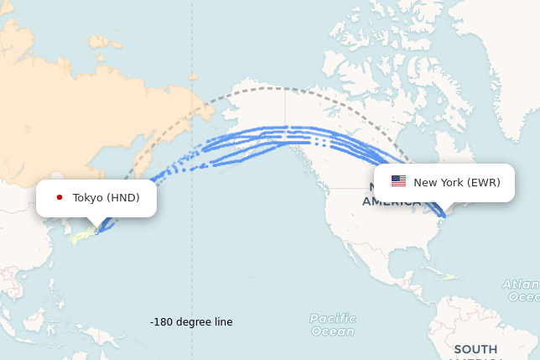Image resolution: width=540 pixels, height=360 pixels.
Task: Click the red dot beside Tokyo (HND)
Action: (60, 198)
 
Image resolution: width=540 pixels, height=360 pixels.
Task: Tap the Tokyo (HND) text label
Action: (106, 198)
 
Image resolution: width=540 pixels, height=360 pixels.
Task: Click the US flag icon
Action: (398, 181)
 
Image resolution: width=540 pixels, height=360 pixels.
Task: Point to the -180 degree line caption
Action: (191, 322)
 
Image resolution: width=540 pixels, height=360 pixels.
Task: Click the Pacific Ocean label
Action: (332, 325)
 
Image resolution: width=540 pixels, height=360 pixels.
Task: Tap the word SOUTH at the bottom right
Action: (475, 349)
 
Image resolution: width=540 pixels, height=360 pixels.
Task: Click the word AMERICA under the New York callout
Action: (391, 203)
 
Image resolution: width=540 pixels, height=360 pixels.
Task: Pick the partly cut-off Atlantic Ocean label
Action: (522, 290)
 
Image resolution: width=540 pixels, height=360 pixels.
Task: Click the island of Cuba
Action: (432, 271)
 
